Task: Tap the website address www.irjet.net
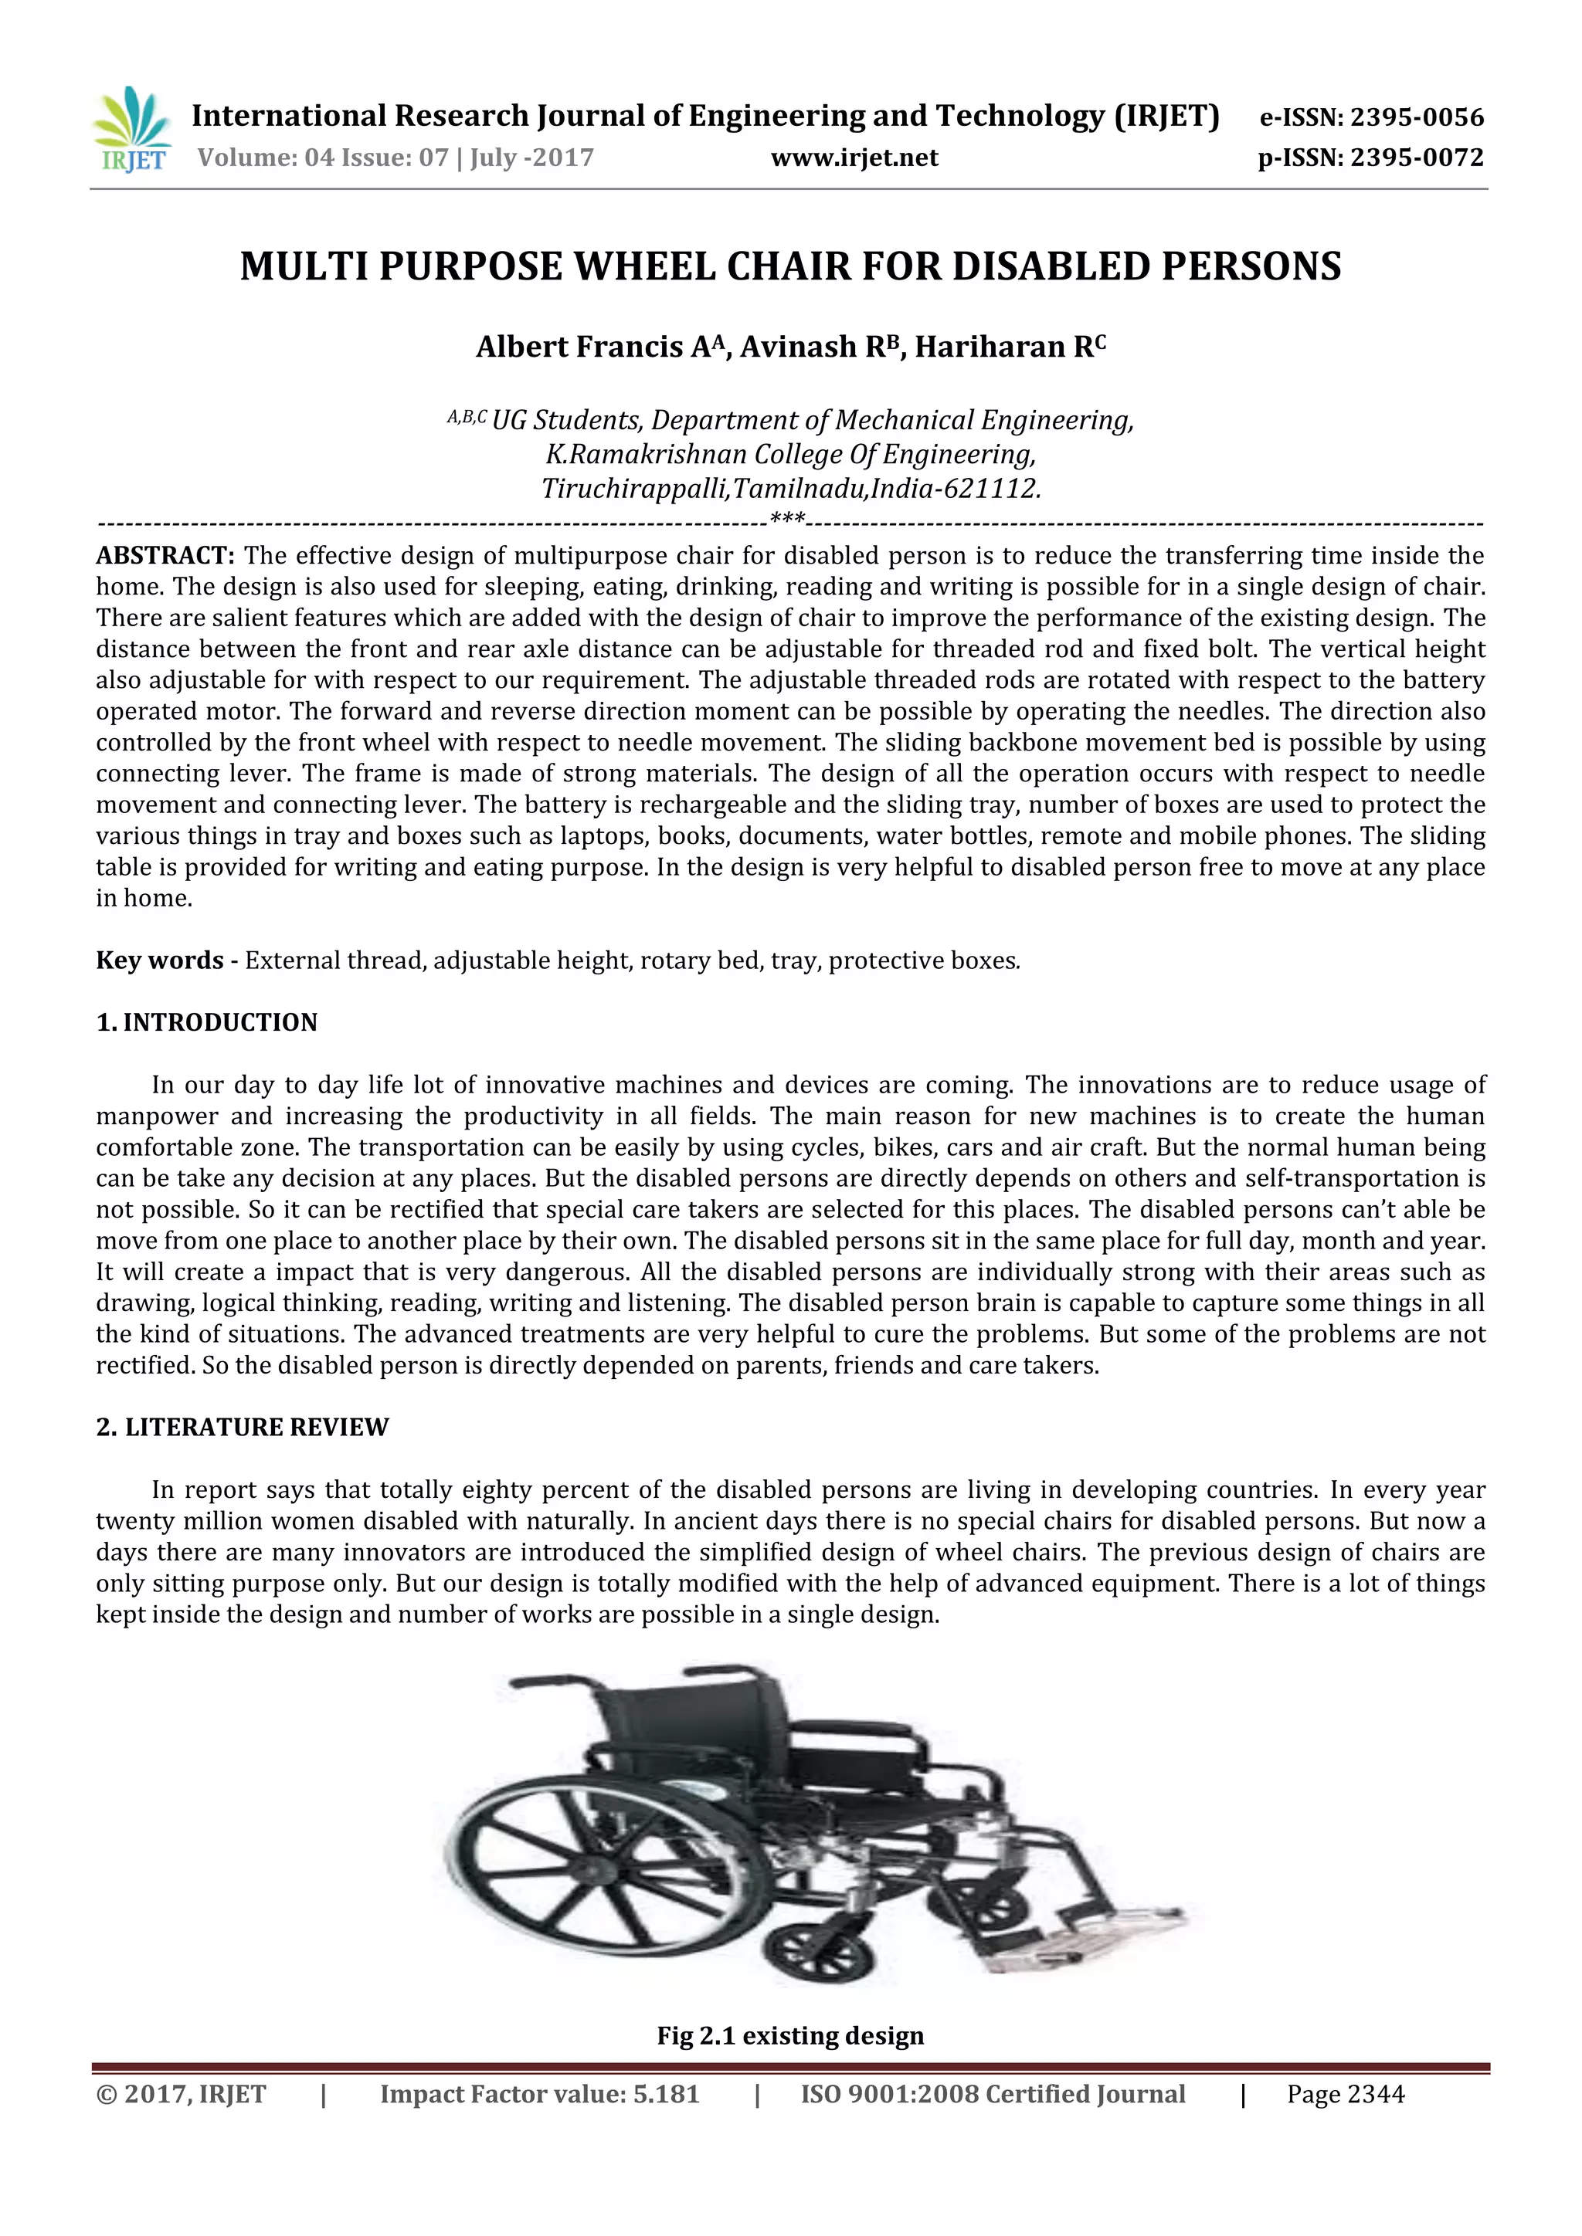point(854,157)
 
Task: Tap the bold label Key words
point(160,961)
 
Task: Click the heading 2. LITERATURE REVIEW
point(242,1428)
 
